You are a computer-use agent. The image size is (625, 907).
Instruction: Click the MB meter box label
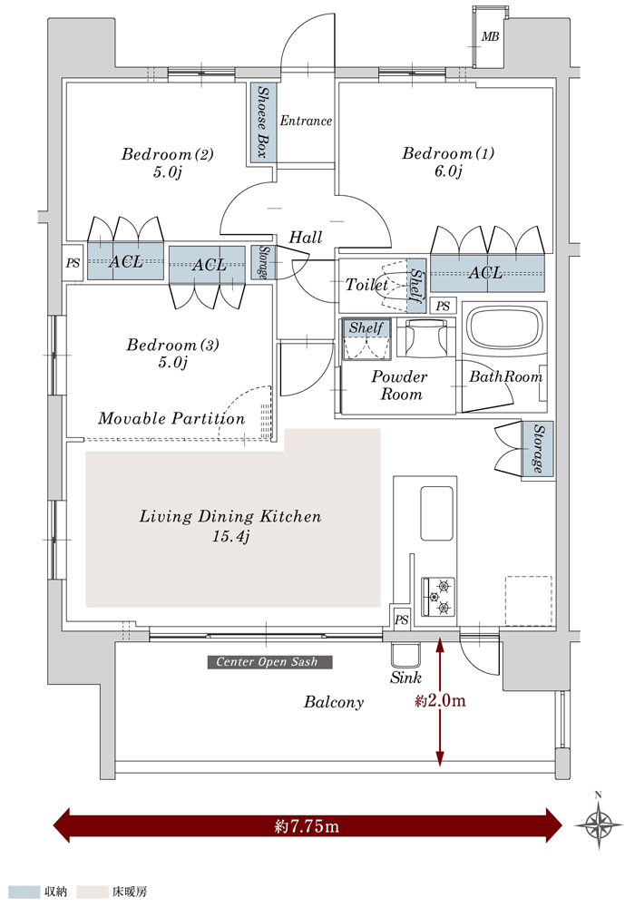[490, 37]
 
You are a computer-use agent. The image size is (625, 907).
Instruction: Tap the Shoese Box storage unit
[264, 122]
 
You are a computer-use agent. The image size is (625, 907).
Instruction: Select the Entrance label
[306, 121]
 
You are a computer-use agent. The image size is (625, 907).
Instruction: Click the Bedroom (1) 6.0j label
[448, 162]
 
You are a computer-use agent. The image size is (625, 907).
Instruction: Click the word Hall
[306, 238]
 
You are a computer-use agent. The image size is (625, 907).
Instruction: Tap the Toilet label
[366, 285]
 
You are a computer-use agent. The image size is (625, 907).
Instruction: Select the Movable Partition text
[171, 419]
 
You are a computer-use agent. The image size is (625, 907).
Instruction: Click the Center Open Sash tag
[269, 662]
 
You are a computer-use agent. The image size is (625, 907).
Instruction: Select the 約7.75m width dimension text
[307, 826]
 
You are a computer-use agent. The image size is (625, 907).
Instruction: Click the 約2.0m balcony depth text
[440, 700]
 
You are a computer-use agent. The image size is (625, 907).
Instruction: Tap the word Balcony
[334, 702]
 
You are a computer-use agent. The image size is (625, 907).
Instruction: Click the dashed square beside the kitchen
[528, 600]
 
